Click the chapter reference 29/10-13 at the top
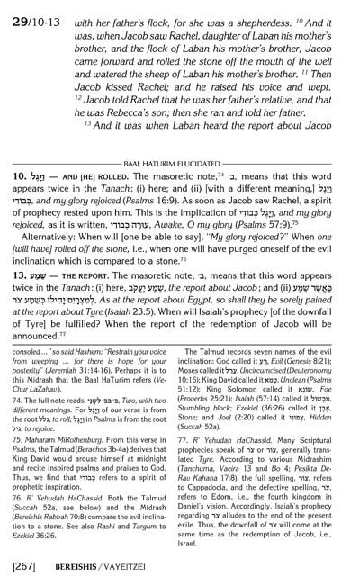[30, 16]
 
